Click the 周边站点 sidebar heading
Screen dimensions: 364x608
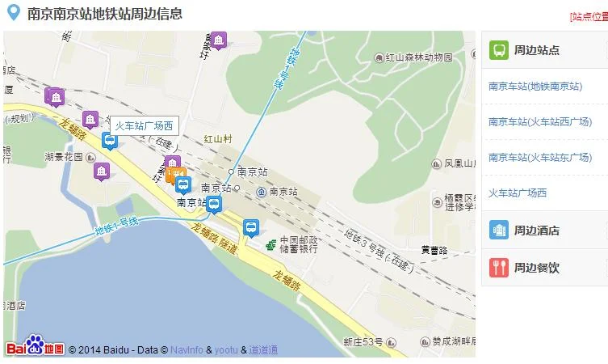[536, 50]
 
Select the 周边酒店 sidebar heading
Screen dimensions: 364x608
[536, 231]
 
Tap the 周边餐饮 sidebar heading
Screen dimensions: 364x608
[536, 268]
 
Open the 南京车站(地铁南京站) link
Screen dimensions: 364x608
[535, 87]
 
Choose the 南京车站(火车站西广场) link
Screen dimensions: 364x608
[539, 122]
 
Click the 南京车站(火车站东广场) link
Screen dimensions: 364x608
[539, 157]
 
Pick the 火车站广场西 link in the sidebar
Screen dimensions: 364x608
[518, 193]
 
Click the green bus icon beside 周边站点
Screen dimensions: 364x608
[499, 50]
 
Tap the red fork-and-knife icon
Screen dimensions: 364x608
[499, 268]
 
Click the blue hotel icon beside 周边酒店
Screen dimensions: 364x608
[499, 231]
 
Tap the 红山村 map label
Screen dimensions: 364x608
[217, 139]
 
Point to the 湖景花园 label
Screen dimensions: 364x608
[64, 157]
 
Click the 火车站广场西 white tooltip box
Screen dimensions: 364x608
[144, 125]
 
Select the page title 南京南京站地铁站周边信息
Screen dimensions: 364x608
[104, 14]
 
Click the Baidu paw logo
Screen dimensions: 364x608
[35, 345]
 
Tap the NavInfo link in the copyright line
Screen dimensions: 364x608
[187, 350]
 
